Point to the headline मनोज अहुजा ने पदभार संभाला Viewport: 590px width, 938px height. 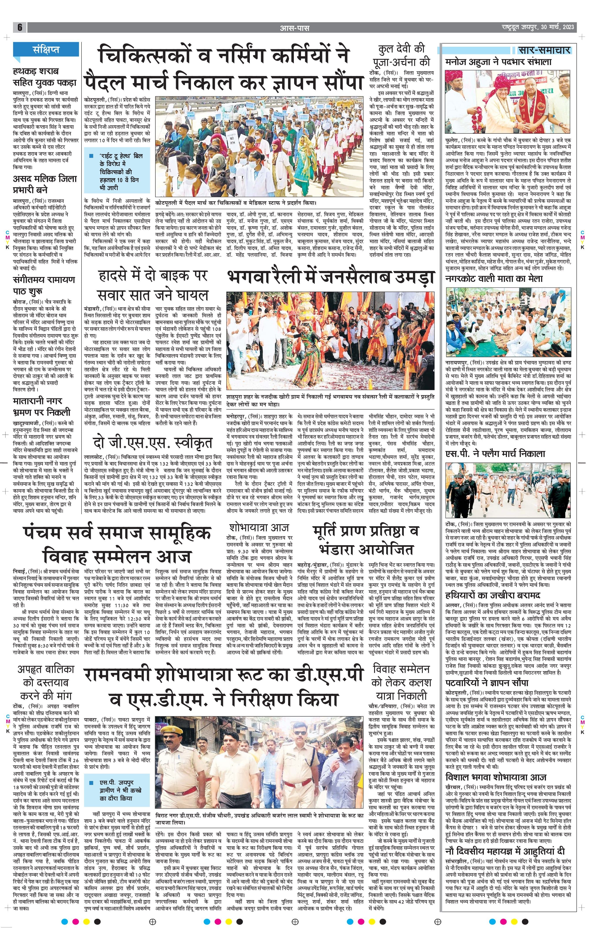tap(499, 62)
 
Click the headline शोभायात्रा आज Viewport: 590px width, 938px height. tap(259, 528)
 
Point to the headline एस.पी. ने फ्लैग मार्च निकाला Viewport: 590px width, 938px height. tap(495, 453)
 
